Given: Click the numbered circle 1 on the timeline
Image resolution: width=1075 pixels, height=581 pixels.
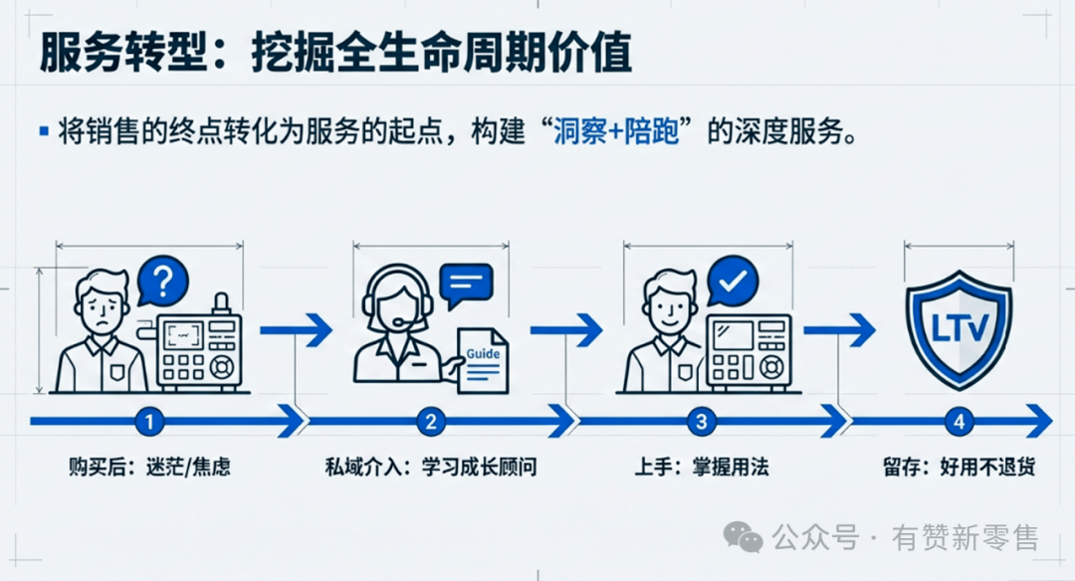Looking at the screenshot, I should (x=148, y=422).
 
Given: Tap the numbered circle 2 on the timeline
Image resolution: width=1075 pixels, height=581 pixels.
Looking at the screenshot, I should (x=431, y=422).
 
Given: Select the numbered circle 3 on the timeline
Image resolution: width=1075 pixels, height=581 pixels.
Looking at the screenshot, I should (x=702, y=422).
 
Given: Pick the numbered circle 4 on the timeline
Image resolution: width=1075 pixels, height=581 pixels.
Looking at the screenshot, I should (x=959, y=422).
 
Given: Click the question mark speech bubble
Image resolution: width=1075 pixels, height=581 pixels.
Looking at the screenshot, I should (x=164, y=280).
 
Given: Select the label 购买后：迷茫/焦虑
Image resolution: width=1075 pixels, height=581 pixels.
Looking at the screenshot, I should (x=149, y=467).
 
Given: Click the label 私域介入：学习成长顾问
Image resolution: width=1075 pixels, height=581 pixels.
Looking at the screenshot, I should (x=431, y=467).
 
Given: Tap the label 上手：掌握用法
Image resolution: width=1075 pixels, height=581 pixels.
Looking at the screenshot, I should (x=702, y=467).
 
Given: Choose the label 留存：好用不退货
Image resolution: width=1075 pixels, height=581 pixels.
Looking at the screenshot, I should (x=959, y=467).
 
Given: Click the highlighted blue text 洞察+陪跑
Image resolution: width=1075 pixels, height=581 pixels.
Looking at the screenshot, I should (x=616, y=132).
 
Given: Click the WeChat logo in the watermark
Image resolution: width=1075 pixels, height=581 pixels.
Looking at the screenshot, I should (x=744, y=538).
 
